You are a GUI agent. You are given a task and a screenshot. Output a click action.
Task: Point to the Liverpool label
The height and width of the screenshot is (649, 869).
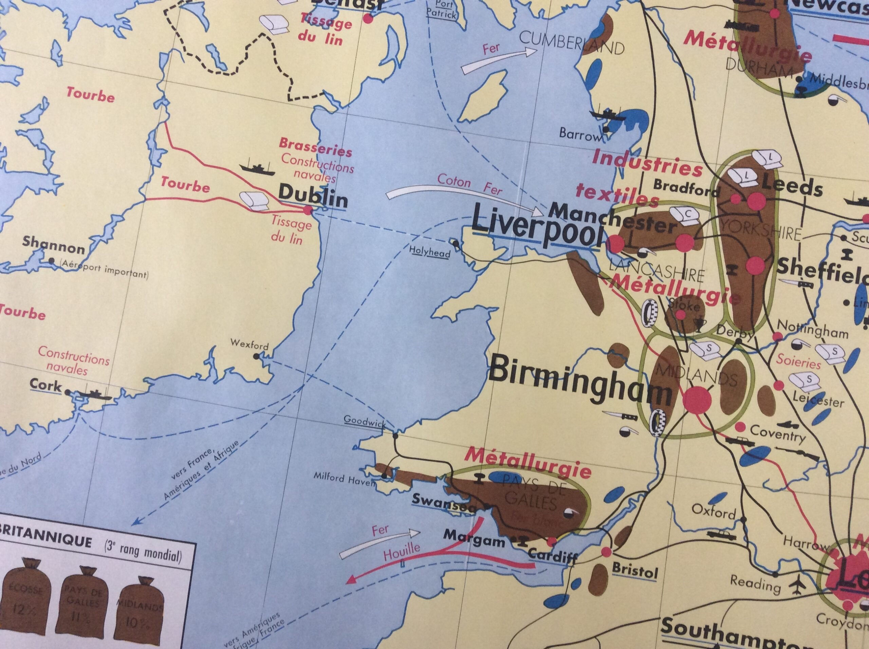coord(537,228)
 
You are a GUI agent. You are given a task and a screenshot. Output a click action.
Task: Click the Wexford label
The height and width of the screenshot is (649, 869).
coord(249,345)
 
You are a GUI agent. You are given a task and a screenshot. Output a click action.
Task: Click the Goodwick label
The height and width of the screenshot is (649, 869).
coord(364,420)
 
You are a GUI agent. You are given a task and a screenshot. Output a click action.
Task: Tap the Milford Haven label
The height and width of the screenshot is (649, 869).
coord(345,479)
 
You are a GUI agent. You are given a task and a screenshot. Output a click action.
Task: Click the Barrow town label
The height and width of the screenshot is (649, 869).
coord(580,135)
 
